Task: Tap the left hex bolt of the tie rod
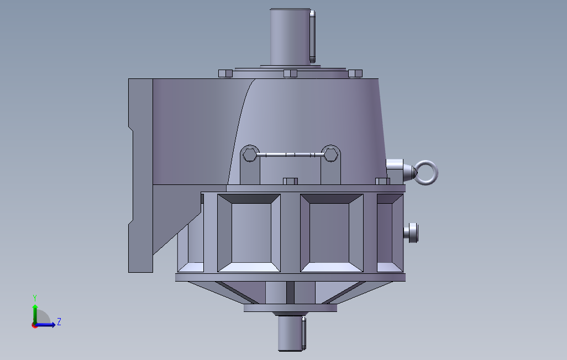pyautogui.click(x=250, y=154)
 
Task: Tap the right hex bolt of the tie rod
pyautogui.click(x=331, y=153)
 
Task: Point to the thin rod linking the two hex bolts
pyautogui.click(x=291, y=154)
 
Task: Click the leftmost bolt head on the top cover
pyautogui.click(x=225, y=74)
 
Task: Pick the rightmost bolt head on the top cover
pyautogui.click(x=355, y=73)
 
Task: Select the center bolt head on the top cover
pyautogui.click(x=290, y=73)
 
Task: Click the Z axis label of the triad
pyautogui.click(x=59, y=321)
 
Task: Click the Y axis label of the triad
pyautogui.click(x=35, y=297)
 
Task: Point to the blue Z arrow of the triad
pyautogui.click(x=49, y=325)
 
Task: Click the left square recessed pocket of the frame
pyautogui.click(x=249, y=232)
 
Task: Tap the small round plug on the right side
pyautogui.click(x=413, y=232)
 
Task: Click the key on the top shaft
pyautogui.click(x=313, y=36)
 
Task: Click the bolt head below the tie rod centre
pyautogui.click(x=290, y=181)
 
